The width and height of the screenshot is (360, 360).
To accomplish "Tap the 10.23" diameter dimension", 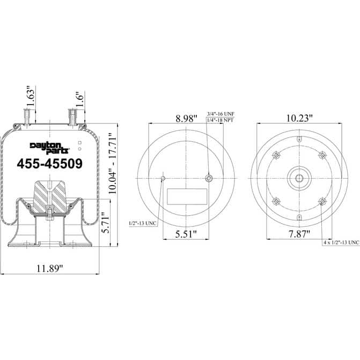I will tap(299, 118).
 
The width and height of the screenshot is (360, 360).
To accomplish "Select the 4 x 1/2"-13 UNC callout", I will tap(341, 243).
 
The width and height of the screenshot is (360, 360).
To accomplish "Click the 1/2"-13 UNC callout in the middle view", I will tap(143, 222).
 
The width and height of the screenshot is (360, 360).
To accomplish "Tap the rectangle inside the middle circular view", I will tap(186, 196).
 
